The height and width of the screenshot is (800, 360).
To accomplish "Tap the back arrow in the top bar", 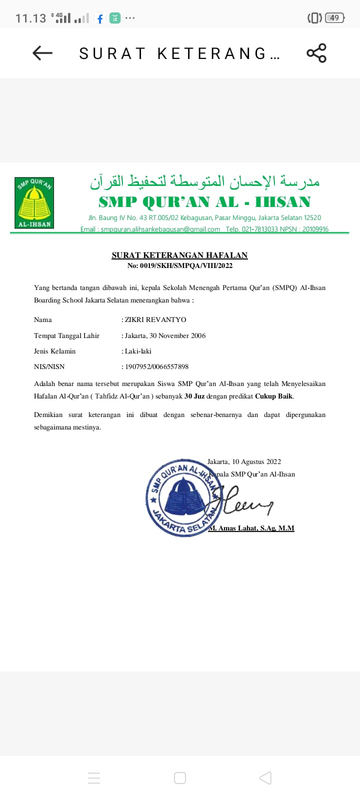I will [42, 53].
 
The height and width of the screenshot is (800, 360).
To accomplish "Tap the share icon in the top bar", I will [316, 53].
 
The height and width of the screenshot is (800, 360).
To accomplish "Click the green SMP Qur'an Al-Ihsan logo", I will [34, 203].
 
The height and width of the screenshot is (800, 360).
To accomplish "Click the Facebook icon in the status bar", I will [100, 18].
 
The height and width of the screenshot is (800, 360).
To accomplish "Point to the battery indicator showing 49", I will [333, 18].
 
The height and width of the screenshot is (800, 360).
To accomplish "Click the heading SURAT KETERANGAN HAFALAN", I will [179, 255].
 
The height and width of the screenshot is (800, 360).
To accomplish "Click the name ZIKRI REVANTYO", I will [155, 319].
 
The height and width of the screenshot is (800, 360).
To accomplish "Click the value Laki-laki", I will [138, 351].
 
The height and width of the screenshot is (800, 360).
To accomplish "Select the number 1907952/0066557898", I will [156, 366].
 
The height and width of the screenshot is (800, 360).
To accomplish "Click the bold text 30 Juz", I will [194, 396].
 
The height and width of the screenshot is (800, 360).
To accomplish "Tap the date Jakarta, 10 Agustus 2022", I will [244, 461].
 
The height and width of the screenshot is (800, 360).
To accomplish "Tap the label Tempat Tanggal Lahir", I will [66, 335].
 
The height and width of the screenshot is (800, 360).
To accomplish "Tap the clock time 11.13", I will [30, 18].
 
